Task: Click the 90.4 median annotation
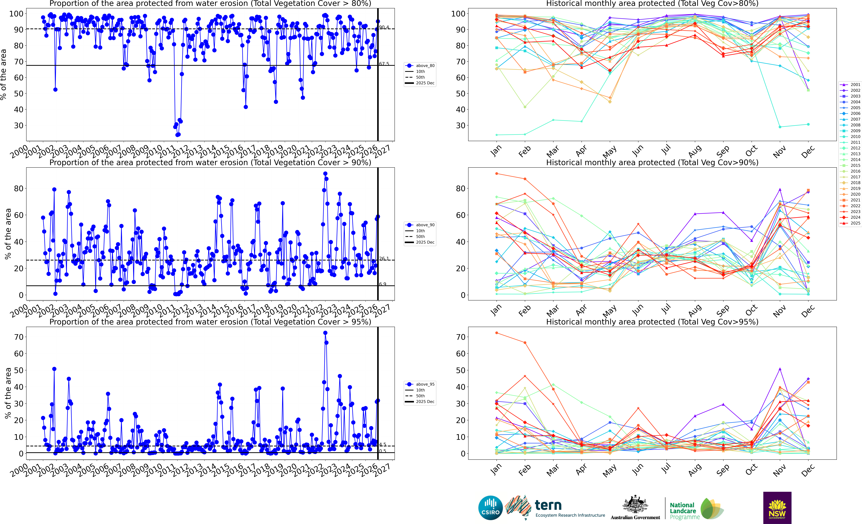(384, 27)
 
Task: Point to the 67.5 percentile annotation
(384, 64)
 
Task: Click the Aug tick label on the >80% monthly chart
(694, 151)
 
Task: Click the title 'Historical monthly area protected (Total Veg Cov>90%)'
(652, 163)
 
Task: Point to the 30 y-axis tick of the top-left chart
(19, 125)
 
